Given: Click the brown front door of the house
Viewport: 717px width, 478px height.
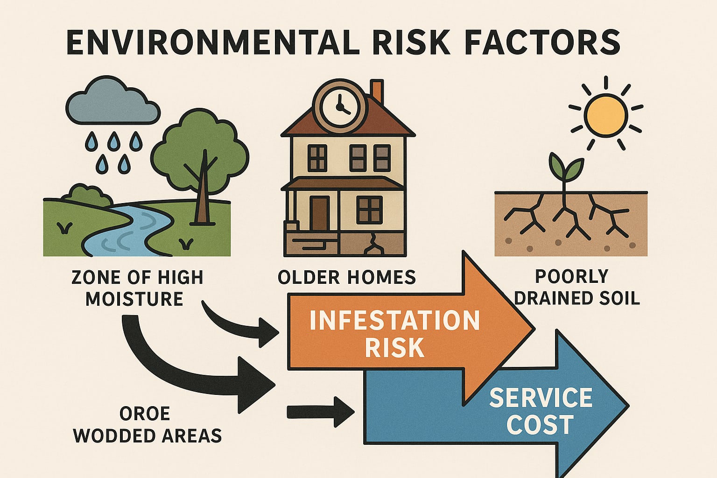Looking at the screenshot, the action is pos(319,213).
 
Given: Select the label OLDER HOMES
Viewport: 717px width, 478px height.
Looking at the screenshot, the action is pos(346,278).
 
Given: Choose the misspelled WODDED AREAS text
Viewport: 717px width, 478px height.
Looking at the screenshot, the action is pos(148,436).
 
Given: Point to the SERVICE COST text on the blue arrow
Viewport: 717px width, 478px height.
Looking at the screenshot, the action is pos(541,411).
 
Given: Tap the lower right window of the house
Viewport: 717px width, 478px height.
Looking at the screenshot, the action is pos(369,210).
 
